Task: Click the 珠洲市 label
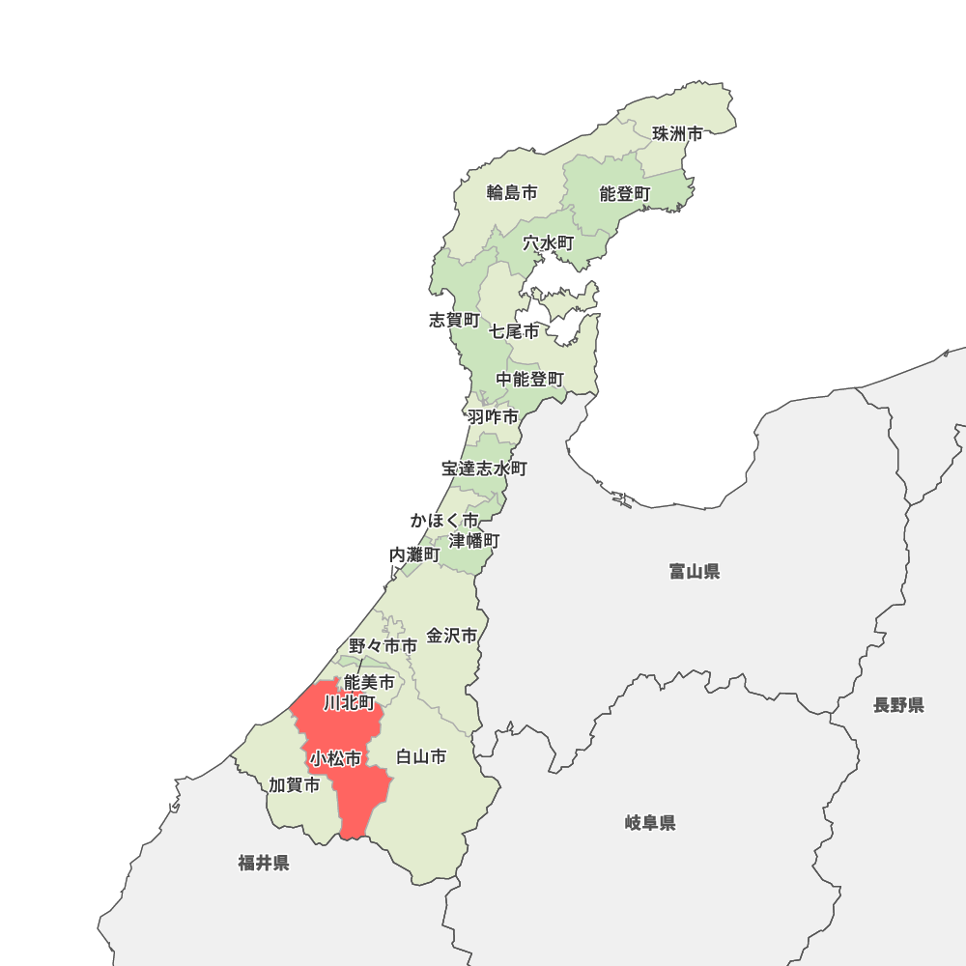click(677, 134)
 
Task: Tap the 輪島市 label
click(512, 192)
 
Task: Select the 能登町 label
click(625, 194)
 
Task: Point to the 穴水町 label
click(549, 243)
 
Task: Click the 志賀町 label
click(454, 320)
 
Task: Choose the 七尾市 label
click(514, 331)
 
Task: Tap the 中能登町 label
click(530, 380)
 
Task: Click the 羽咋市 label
click(493, 417)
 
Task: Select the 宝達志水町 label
click(485, 469)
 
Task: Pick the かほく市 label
click(443, 521)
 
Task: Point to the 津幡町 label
click(474, 540)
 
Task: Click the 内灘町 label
click(414, 555)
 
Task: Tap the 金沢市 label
click(452, 636)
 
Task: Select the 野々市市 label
click(384, 645)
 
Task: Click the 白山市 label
click(422, 756)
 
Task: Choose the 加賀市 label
click(295, 785)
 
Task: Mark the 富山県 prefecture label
click(695, 572)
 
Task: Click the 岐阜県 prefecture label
click(650, 823)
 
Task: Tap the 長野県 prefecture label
click(898, 705)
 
